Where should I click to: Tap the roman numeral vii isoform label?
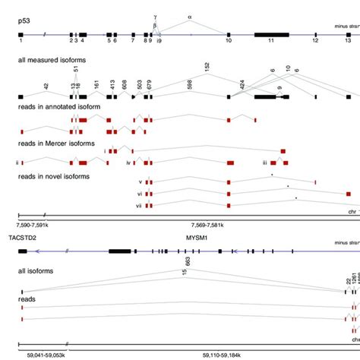click(139, 205)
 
